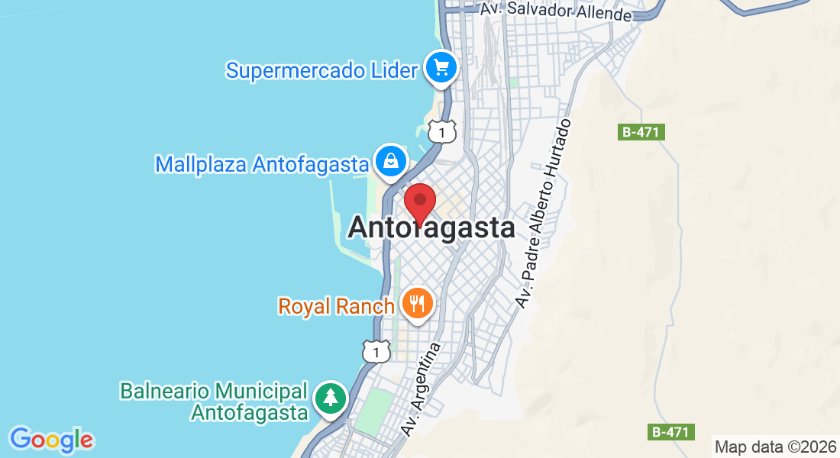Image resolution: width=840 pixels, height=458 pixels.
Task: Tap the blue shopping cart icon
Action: pyautogui.click(x=441, y=68)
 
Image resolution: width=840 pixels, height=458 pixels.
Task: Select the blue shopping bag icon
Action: pyautogui.click(x=390, y=161)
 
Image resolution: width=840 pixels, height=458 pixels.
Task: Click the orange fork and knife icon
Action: pyautogui.click(x=417, y=305)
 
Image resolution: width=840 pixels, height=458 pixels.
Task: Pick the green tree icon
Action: pyautogui.click(x=330, y=398)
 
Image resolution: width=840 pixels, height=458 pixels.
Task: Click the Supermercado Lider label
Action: pyautogui.click(x=321, y=70)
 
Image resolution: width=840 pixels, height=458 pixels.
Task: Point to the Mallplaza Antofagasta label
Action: pyautogui.click(x=262, y=164)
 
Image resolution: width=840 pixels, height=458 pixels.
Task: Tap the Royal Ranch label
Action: pyautogui.click(x=336, y=306)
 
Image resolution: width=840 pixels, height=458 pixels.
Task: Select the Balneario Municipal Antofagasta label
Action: pyautogui.click(x=213, y=402)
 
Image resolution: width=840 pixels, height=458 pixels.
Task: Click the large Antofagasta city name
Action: pyautogui.click(x=431, y=227)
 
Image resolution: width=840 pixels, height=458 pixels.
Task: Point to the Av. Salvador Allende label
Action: pyautogui.click(x=556, y=11)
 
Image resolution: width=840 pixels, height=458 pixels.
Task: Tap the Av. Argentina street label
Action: pyautogui.click(x=422, y=389)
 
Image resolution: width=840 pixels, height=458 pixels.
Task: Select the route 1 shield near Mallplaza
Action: pyautogui.click(x=442, y=131)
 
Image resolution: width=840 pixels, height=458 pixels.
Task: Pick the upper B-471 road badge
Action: pyautogui.click(x=640, y=132)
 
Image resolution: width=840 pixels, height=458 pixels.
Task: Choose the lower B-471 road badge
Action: pyautogui.click(x=672, y=432)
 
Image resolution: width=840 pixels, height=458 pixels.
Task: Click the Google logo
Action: pyautogui.click(x=51, y=440)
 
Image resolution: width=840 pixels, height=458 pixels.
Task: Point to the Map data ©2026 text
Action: pyautogui.click(x=775, y=447)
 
